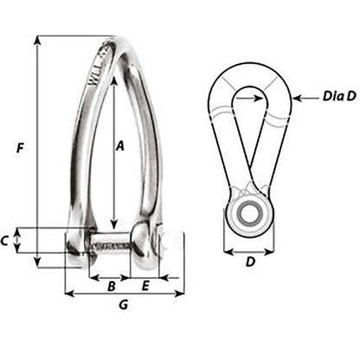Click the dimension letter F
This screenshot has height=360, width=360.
19,148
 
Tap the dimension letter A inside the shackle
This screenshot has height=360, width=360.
120,148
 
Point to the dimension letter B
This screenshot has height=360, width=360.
110,285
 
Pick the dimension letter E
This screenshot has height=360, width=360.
145,285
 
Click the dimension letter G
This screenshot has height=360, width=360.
123,305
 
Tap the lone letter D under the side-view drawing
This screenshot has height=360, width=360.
248,262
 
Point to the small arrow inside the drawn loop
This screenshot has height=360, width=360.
256,99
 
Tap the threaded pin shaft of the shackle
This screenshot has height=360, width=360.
111,242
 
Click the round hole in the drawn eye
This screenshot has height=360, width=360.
249,214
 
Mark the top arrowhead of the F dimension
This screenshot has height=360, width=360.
38,40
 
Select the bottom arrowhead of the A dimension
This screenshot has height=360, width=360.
112,223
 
